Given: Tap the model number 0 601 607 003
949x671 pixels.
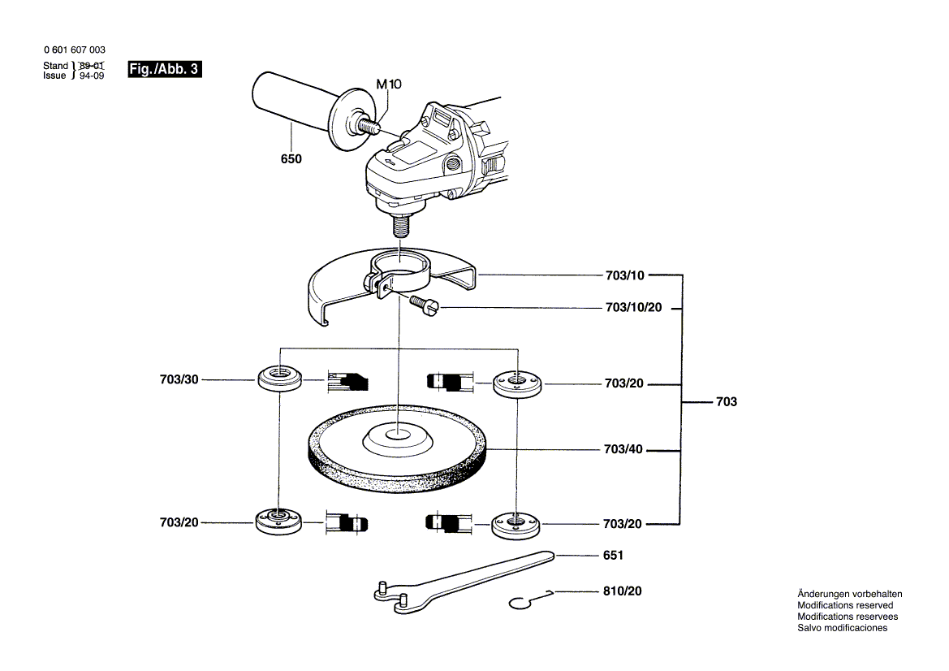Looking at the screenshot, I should [x=74, y=50].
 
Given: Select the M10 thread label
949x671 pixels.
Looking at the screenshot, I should [x=388, y=84].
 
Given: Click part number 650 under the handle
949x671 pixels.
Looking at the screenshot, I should [x=291, y=159].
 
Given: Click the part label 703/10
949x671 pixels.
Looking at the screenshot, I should [x=624, y=275].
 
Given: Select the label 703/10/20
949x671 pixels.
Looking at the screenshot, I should [x=633, y=308].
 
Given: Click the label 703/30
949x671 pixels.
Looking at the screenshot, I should [x=179, y=379].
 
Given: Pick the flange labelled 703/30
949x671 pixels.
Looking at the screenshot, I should [x=278, y=379].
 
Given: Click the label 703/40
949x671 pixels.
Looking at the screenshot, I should [x=624, y=448].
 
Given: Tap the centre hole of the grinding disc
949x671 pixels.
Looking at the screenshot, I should [x=397, y=434].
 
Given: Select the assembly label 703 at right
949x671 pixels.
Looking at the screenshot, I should [x=727, y=402].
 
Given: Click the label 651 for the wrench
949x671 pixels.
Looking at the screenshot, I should [x=613, y=556].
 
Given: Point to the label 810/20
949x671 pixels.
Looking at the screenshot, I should [x=622, y=591].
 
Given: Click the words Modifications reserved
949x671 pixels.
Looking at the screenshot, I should [x=845, y=605].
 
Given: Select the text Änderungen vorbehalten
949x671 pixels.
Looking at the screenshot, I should [x=849, y=594].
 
